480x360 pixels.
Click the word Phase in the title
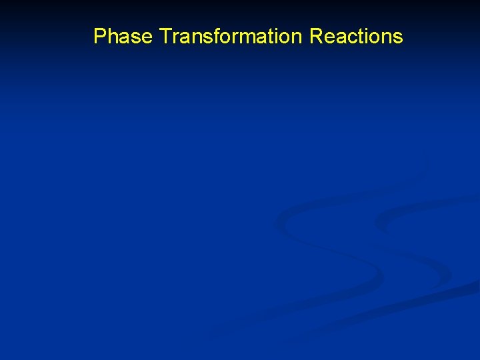tap(123, 36)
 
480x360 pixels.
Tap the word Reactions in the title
tap(356, 36)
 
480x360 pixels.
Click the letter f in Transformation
tap(213, 36)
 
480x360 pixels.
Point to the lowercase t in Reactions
tap(360, 36)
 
